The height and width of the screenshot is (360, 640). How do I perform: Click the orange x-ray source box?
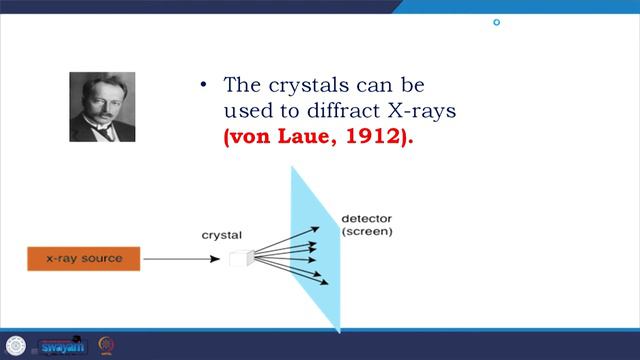[x=84, y=259]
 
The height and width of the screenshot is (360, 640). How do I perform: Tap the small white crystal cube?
[x=237, y=259]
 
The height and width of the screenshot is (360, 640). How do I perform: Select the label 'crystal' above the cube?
[x=221, y=235]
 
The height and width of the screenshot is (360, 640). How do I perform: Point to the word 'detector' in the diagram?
[x=367, y=219]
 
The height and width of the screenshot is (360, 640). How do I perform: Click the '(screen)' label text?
[x=367, y=232]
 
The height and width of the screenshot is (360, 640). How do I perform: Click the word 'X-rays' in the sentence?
[x=428, y=112]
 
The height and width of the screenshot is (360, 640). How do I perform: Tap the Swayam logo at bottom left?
[x=62, y=346]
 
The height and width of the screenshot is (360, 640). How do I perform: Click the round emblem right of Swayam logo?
[x=106, y=345]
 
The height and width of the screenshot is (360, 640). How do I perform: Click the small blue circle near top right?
[x=496, y=22]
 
